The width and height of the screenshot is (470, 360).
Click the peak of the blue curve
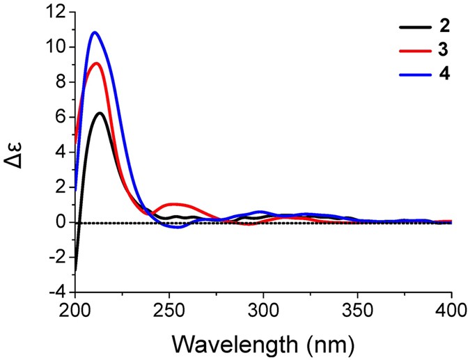tap(95, 33)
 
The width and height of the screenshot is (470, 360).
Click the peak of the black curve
tap(100, 113)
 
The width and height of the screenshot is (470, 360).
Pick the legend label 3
tap(444, 50)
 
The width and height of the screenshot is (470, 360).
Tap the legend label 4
tap(444, 73)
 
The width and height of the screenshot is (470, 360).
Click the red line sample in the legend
tap(413, 50)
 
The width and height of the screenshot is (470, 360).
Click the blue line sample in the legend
tap(413, 73)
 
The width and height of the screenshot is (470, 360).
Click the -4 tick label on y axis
tap(56, 292)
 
